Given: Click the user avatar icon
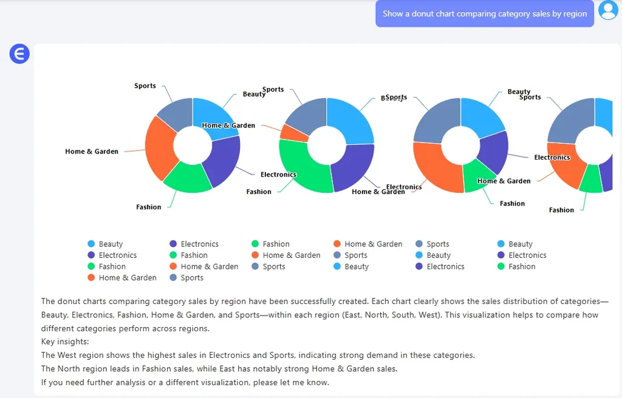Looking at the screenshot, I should pyautogui.click(x=608, y=10).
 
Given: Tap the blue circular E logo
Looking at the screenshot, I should pyautogui.click(x=19, y=54).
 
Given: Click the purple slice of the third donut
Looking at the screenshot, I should pyautogui.click(x=494, y=152).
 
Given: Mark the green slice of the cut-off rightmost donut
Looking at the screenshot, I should pyautogui.click(x=590, y=180).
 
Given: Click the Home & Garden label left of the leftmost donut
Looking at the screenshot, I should pyautogui.click(x=92, y=152).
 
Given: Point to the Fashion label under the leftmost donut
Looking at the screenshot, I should pyautogui.click(x=149, y=207).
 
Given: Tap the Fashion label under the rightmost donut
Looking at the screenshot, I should pyautogui.click(x=561, y=211).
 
